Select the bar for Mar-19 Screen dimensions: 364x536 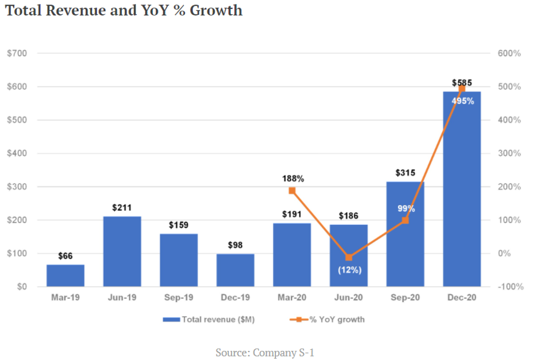pyautogui.click(x=65, y=275)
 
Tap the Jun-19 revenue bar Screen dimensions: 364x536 pyautogui.click(x=122, y=251)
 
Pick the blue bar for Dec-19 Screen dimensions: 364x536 pyautogui.click(x=235, y=270)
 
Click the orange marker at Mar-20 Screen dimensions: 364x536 pyautogui.click(x=292, y=191)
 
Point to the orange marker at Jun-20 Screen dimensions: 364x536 pyautogui.click(x=349, y=258)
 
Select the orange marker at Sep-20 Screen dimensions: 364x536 pyautogui.click(x=405, y=220)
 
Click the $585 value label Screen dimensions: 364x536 pyautogui.click(x=462, y=83)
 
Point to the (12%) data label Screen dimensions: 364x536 pyautogui.click(x=349, y=270)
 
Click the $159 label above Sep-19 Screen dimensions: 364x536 pyautogui.click(x=179, y=225)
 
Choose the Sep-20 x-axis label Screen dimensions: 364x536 pyautogui.click(x=405, y=298)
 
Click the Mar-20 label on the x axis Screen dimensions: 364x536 pyautogui.click(x=292, y=298)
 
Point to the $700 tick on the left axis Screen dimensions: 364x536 pyautogui.click(x=18, y=53)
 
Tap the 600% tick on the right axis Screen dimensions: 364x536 pyautogui.click(x=509, y=53)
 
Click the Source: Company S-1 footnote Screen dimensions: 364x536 pyautogui.click(x=265, y=353)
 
